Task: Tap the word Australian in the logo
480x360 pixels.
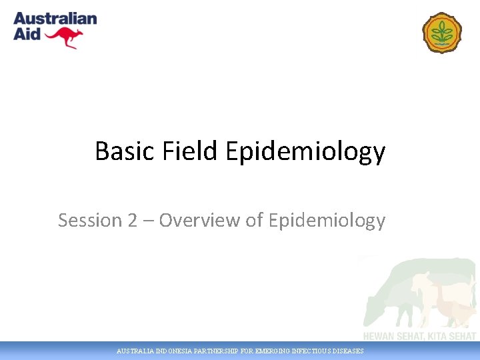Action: point(55,19)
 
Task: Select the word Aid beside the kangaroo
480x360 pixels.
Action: point(27,34)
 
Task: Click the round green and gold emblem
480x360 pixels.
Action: point(441,33)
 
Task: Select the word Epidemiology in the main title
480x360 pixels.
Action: point(305,153)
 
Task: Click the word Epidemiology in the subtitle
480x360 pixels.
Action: point(327,221)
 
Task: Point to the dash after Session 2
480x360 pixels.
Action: point(147,221)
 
